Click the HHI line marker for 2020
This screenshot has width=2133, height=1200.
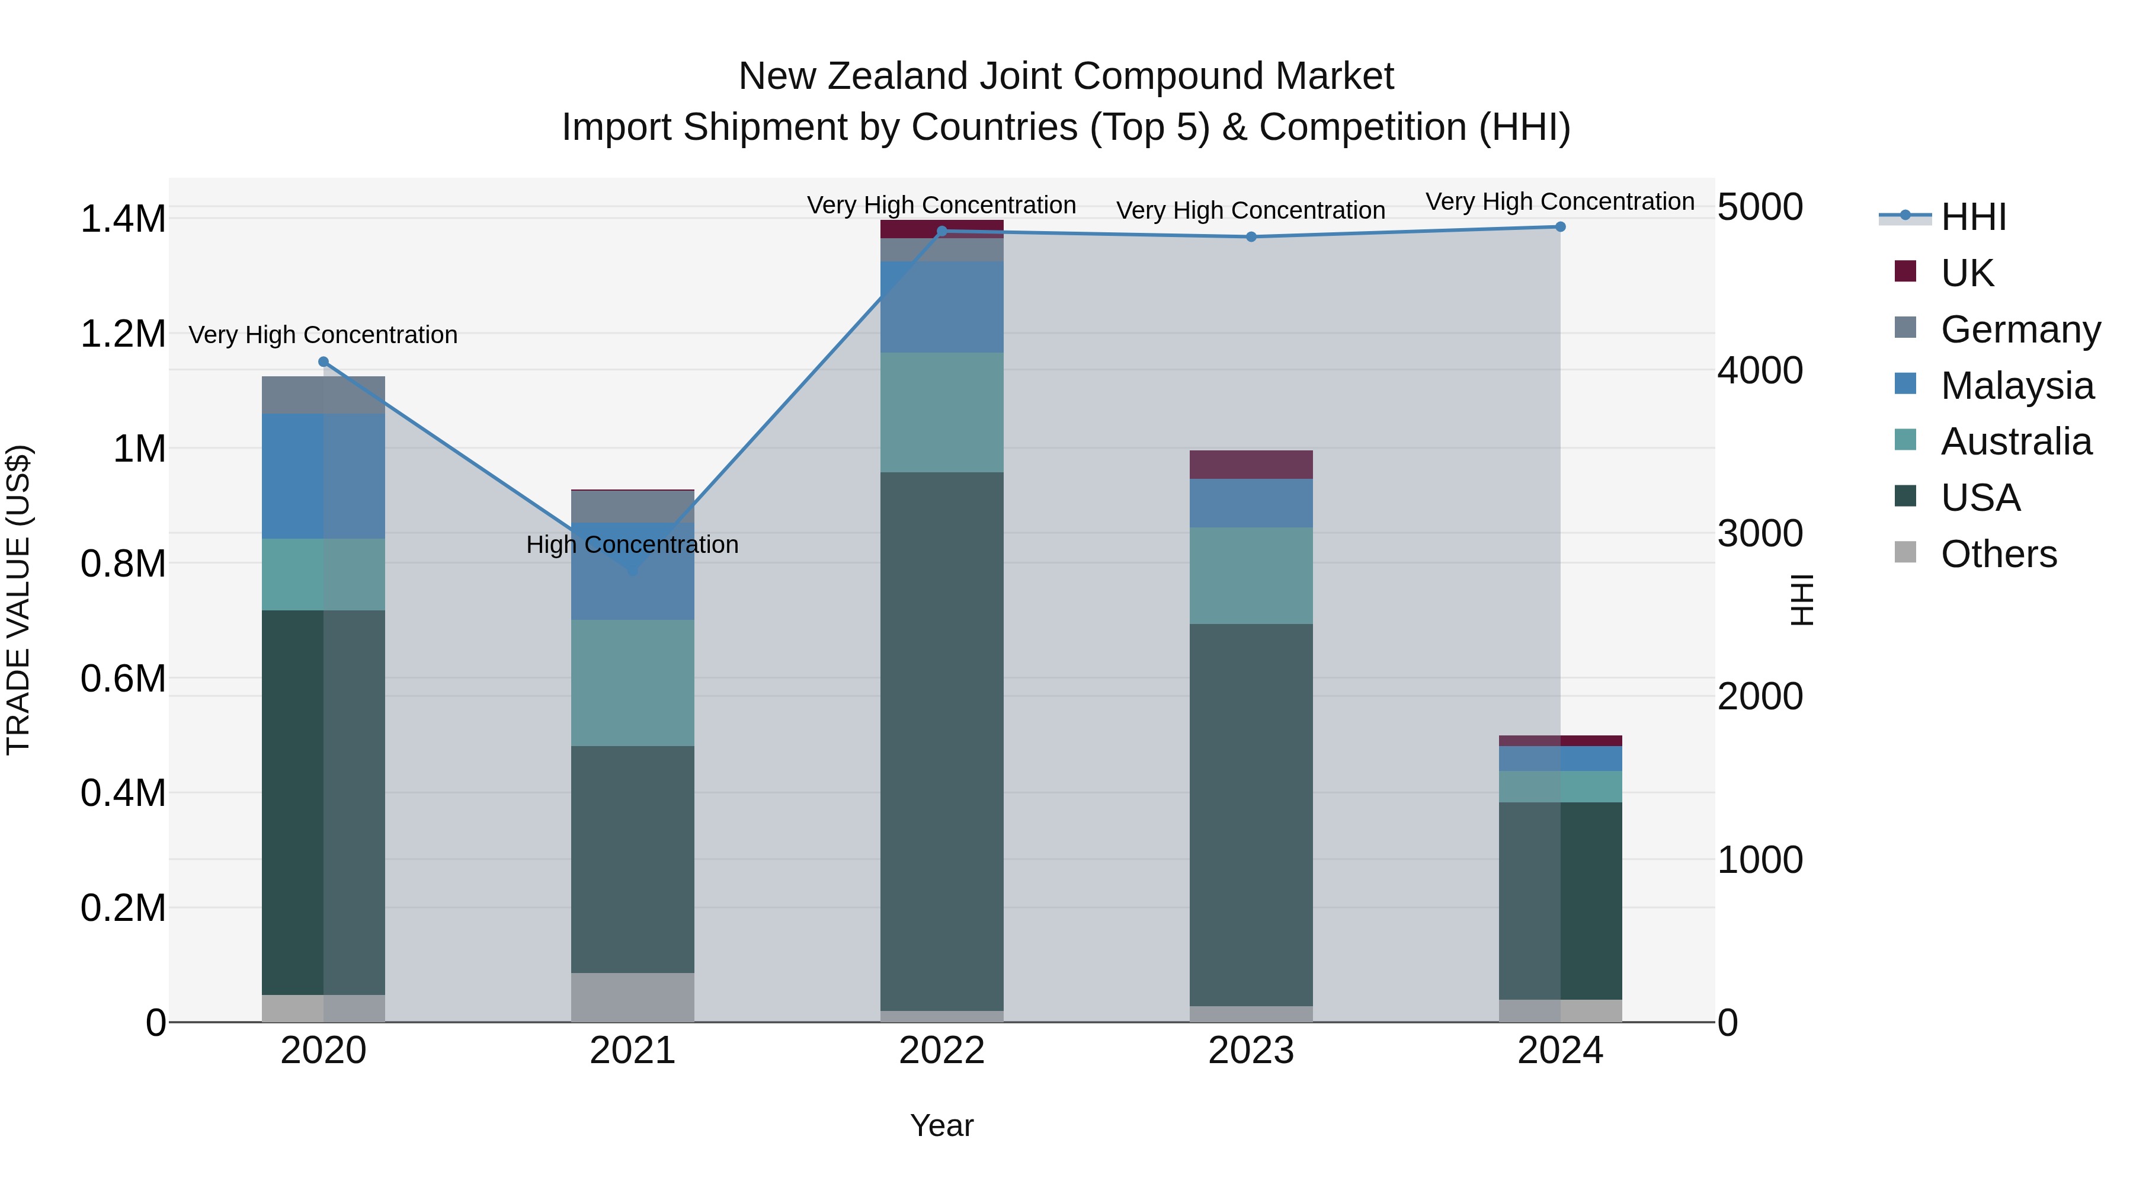click(x=324, y=362)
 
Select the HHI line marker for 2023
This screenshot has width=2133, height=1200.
click(x=1251, y=237)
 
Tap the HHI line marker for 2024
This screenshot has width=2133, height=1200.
click(x=1560, y=227)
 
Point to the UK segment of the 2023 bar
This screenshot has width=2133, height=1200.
click(x=1251, y=465)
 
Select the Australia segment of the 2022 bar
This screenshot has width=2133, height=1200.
click(x=941, y=412)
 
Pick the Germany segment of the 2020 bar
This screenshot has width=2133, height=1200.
click(x=324, y=395)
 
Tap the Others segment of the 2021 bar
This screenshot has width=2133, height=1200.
click(x=633, y=997)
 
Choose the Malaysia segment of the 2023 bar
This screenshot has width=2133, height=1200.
click(x=1251, y=504)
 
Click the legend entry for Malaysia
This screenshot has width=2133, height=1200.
click(x=2017, y=386)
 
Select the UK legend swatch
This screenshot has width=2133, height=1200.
click(x=1905, y=271)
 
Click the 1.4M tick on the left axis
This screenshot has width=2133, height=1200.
click(x=123, y=219)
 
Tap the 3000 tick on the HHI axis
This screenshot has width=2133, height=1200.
click(x=1760, y=534)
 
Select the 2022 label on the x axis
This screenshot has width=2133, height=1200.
click(x=941, y=1051)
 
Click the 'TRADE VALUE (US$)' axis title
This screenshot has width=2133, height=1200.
click(x=18, y=600)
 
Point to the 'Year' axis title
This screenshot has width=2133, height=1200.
click(x=941, y=1125)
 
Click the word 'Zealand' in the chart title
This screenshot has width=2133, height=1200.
click(x=898, y=76)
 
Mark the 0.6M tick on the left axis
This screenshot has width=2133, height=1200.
click(x=123, y=679)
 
